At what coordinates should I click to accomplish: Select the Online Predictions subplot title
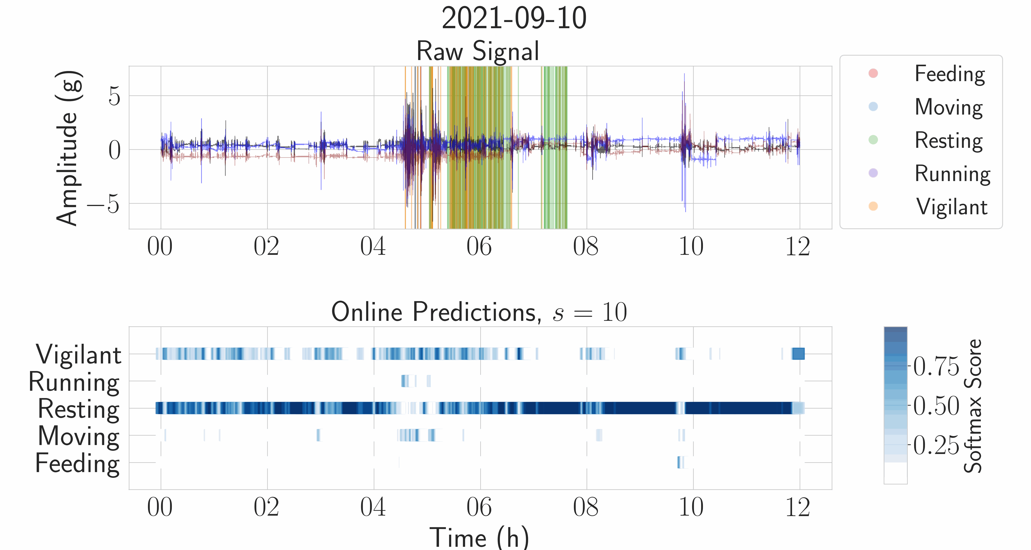(x=479, y=312)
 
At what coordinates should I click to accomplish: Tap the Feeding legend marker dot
(x=873, y=73)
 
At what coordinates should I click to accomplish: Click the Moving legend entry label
(x=949, y=107)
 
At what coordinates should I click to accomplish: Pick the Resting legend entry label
(x=949, y=140)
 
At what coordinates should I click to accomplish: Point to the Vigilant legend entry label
(x=952, y=207)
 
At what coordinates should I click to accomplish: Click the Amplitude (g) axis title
(x=68, y=148)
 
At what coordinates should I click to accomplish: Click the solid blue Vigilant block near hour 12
(x=798, y=354)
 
